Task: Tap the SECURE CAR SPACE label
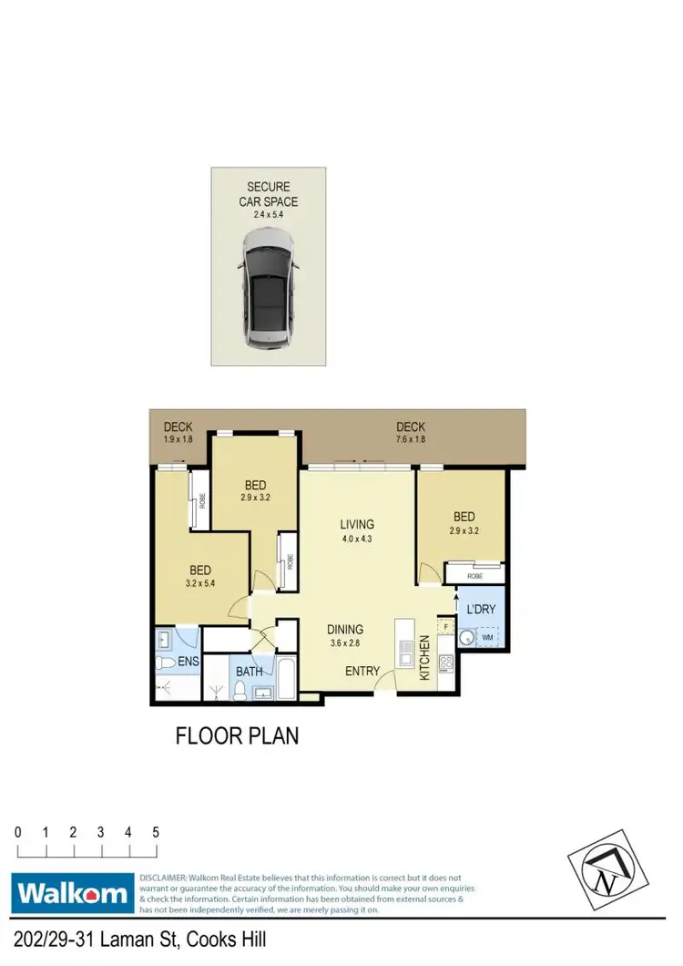coord(268,194)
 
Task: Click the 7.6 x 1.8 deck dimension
coord(411,439)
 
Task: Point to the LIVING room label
coord(358,525)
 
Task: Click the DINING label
coord(345,629)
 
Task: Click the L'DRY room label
coord(480,608)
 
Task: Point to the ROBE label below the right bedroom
coord(474,575)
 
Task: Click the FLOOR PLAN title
coord(237,735)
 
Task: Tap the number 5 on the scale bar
coord(156,832)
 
